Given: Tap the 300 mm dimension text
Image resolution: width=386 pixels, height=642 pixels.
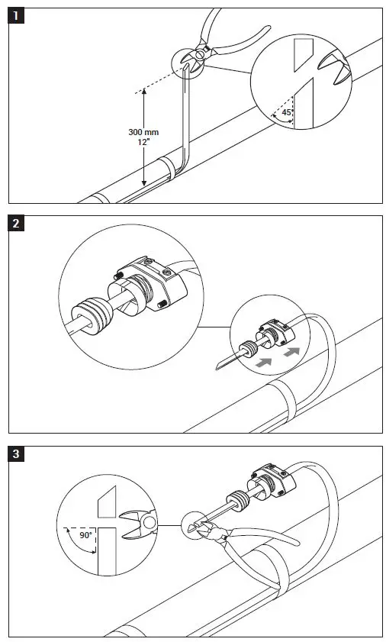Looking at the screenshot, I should pos(143,132).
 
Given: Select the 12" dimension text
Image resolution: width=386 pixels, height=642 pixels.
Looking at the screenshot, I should pos(143,142).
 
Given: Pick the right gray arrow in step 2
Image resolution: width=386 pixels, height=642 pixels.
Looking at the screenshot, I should pos(291,353).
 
